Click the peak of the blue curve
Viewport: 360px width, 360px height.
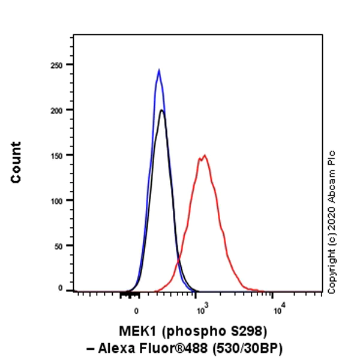[159, 71]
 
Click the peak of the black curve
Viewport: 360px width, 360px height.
[161, 110]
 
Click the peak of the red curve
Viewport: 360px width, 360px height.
[205, 155]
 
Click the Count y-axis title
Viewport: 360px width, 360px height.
[16, 162]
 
